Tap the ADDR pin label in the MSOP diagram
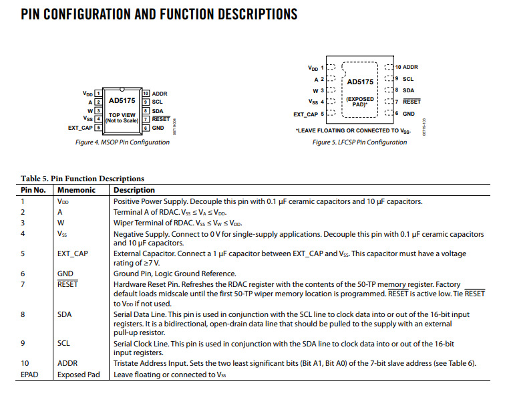tap(160, 94)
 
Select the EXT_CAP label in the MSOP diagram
tap(81, 127)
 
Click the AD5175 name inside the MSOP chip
tap(122, 100)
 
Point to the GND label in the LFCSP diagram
tap(408, 114)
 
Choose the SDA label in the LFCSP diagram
tap(408, 90)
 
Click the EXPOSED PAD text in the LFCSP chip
tap(361, 102)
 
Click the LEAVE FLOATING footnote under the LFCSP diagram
tap(353, 130)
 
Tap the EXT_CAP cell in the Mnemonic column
tap(73, 254)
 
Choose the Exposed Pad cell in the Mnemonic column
tap(78, 375)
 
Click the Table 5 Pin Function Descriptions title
tap(82, 179)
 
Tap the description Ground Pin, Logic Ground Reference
tap(174, 274)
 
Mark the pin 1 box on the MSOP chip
tap(98, 94)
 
